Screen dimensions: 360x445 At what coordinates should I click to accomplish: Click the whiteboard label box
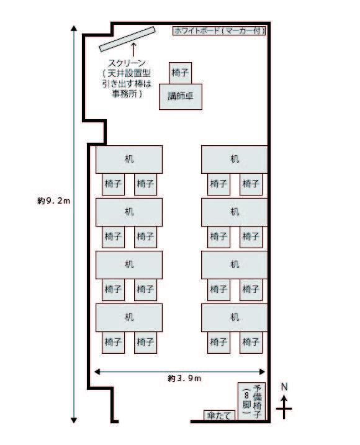point(219,30)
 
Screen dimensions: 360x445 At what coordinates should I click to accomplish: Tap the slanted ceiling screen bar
point(127,39)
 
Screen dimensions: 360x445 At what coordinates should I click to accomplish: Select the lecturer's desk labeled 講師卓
point(181,96)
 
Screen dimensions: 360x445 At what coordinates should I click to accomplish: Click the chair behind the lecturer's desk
point(180,73)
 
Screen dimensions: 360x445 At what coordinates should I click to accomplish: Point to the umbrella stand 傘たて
point(220,415)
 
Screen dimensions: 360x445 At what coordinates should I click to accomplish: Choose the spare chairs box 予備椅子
point(251,402)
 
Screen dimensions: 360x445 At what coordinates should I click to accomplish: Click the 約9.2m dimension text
point(53,200)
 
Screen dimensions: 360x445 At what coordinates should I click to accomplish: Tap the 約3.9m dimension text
point(184,378)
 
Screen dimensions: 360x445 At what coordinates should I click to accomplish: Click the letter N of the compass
point(284,387)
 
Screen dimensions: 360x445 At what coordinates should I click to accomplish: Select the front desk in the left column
point(129,160)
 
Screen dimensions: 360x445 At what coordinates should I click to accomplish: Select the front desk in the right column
point(235,160)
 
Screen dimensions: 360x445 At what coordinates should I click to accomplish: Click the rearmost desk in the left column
point(129,318)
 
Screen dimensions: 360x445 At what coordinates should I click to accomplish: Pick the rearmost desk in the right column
point(235,318)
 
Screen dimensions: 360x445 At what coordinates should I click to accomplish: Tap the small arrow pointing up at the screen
point(133,49)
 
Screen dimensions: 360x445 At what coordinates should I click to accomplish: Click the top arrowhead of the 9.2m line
point(74,28)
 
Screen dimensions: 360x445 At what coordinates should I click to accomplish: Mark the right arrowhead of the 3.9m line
point(263,372)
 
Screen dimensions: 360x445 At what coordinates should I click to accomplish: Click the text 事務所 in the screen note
point(124,94)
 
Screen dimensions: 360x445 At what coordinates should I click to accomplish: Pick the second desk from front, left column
point(129,212)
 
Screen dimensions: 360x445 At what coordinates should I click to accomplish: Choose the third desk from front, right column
point(235,265)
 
